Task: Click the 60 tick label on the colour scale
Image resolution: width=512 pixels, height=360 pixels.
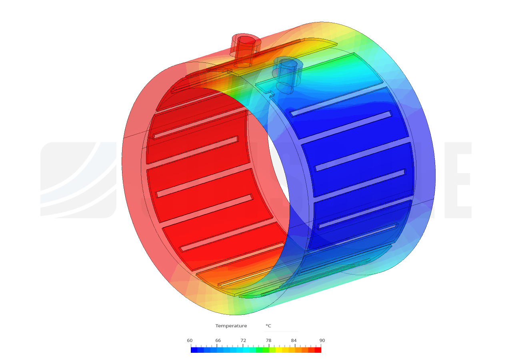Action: tap(190, 340)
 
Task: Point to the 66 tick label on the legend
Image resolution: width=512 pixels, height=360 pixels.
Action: tap(218, 340)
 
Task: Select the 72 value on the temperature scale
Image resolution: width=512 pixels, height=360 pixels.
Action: tap(243, 340)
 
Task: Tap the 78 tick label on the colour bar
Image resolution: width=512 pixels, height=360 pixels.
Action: tap(268, 340)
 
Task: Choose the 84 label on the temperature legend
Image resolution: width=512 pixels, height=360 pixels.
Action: tap(294, 340)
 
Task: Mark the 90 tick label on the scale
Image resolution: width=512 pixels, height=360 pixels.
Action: tap(322, 340)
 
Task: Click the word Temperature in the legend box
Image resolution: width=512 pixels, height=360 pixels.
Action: tap(231, 326)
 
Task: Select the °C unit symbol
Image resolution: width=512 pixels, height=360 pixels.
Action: tap(268, 326)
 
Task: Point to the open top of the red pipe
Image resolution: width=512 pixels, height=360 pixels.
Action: tap(246, 40)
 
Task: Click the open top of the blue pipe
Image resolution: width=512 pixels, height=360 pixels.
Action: tap(288, 63)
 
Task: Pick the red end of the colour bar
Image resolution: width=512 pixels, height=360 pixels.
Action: tap(318, 350)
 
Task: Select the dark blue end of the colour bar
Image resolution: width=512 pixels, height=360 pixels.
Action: tap(194, 350)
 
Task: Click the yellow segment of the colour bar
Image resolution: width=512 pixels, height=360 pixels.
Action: tap(279, 350)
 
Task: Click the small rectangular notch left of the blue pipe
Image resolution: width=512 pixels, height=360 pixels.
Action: tap(270, 94)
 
